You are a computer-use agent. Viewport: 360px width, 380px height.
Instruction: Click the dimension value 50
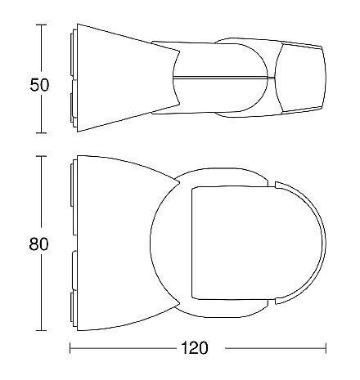39,85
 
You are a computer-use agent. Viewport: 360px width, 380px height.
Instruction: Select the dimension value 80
39,244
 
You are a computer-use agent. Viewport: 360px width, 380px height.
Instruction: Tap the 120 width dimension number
195,348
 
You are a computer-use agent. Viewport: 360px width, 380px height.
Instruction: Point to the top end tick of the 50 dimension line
41,25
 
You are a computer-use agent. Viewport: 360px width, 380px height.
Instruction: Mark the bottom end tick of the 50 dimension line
41,133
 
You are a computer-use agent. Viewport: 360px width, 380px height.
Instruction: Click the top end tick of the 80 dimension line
41,156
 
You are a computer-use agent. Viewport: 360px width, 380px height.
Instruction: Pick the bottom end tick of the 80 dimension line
41,331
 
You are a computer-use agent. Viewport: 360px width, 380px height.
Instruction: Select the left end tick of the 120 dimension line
70,348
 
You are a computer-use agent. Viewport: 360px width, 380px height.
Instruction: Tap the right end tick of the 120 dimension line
326,348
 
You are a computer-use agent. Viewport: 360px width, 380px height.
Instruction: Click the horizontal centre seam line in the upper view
223,78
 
